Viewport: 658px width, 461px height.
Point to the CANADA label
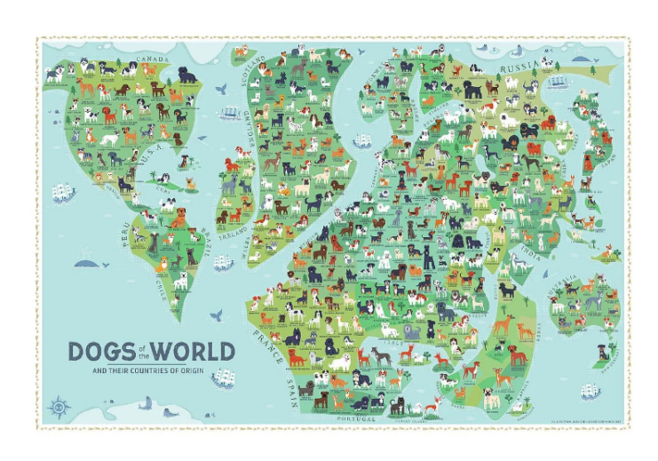click(x=154, y=63)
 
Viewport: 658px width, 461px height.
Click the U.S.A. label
click(x=151, y=159)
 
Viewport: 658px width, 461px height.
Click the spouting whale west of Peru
click(x=85, y=259)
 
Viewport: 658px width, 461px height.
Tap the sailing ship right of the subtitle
click(x=222, y=378)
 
